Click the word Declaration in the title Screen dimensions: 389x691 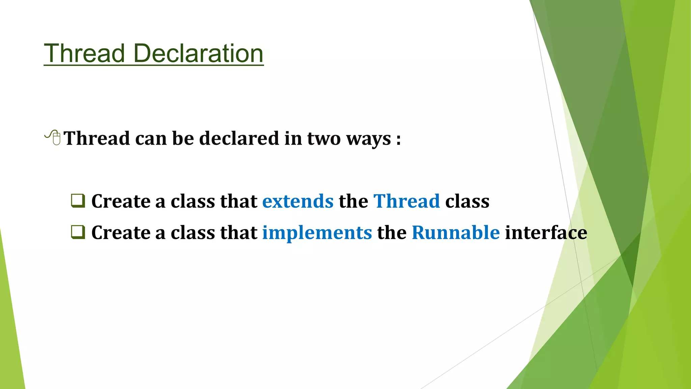(x=198, y=53)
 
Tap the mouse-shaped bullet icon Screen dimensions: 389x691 (x=53, y=137)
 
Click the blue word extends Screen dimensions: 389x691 (x=298, y=201)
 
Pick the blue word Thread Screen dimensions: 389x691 (x=407, y=201)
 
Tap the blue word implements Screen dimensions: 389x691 (x=317, y=233)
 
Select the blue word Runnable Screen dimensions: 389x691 (x=455, y=233)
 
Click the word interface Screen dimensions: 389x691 (x=546, y=233)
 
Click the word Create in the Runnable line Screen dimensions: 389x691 (x=121, y=233)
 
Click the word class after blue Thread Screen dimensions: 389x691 (x=467, y=201)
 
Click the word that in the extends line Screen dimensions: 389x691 (x=239, y=201)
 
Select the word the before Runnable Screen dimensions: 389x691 (x=392, y=233)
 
